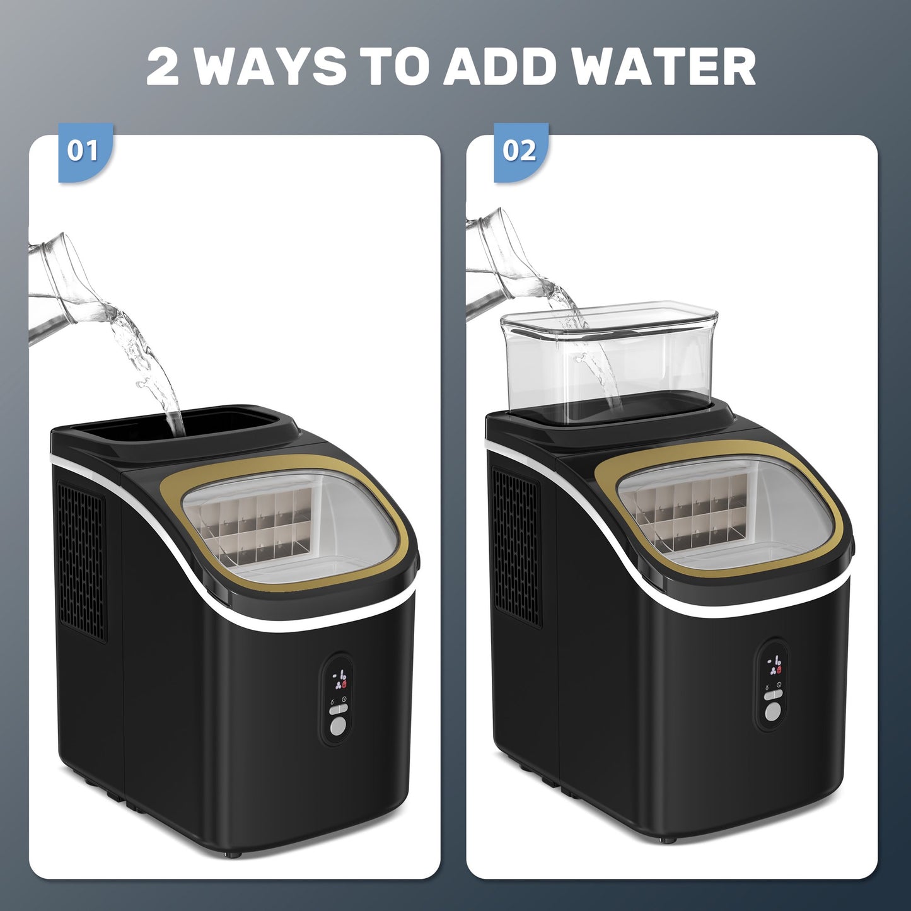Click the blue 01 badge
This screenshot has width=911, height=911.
pyautogui.click(x=86, y=152)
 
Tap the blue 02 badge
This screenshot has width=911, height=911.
pyautogui.click(x=521, y=152)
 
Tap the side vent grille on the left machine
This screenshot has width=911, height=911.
pyautogui.click(x=81, y=561)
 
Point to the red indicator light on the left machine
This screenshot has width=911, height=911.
pyautogui.click(x=344, y=683)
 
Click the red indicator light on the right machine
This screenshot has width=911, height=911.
pyautogui.click(x=779, y=670)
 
